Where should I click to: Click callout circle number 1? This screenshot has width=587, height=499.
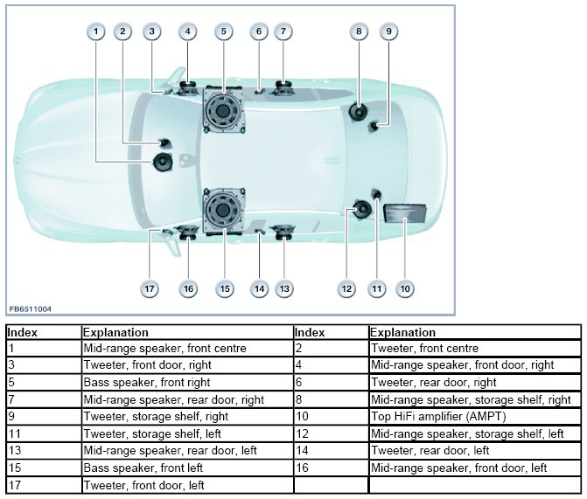pyautogui.click(x=96, y=32)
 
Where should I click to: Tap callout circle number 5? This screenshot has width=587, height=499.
pyautogui.click(x=224, y=32)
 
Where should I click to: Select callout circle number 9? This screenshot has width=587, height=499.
pyautogui.click(x=389, y=32)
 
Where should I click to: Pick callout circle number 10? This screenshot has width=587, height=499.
pyautogui.click(x=405, y=288)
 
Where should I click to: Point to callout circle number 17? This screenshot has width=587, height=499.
pyautogui.click(x=150, y=288)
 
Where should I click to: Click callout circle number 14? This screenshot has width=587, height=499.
pyautogui.click(x=258, y=288)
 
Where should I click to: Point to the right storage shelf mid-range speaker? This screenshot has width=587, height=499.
pyautogui.click(x=358, y=111)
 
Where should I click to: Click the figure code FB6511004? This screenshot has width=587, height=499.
pyautogui.click(x=31, y=308)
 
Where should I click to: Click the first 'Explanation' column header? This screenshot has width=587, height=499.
pyautogui.click(x=115, y=332)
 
